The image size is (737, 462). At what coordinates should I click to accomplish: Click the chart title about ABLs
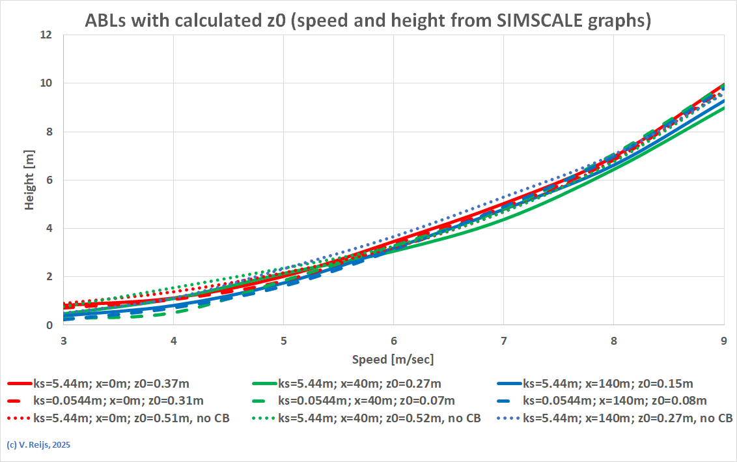368,21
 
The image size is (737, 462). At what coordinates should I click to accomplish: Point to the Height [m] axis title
30,179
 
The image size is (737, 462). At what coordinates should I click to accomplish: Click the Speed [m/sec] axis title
393,360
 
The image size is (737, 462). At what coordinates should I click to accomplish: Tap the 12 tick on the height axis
46,35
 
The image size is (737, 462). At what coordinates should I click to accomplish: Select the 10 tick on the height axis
46,83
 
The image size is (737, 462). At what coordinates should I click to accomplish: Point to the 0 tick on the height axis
48,325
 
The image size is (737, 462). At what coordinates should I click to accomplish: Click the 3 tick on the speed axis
63,341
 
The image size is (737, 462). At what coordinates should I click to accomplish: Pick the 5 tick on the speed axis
283,341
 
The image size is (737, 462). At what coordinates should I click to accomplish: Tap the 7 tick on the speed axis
503,341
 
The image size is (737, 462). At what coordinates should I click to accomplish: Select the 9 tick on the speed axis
724,341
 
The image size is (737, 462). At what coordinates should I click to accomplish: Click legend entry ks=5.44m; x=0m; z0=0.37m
111,383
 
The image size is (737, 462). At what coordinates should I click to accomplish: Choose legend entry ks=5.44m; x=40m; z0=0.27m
359,383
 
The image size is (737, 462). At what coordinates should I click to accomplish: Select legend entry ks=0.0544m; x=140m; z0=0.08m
615,401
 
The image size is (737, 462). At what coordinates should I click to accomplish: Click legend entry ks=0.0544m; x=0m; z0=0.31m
118,401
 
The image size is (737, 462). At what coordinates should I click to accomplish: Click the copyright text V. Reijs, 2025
38,445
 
